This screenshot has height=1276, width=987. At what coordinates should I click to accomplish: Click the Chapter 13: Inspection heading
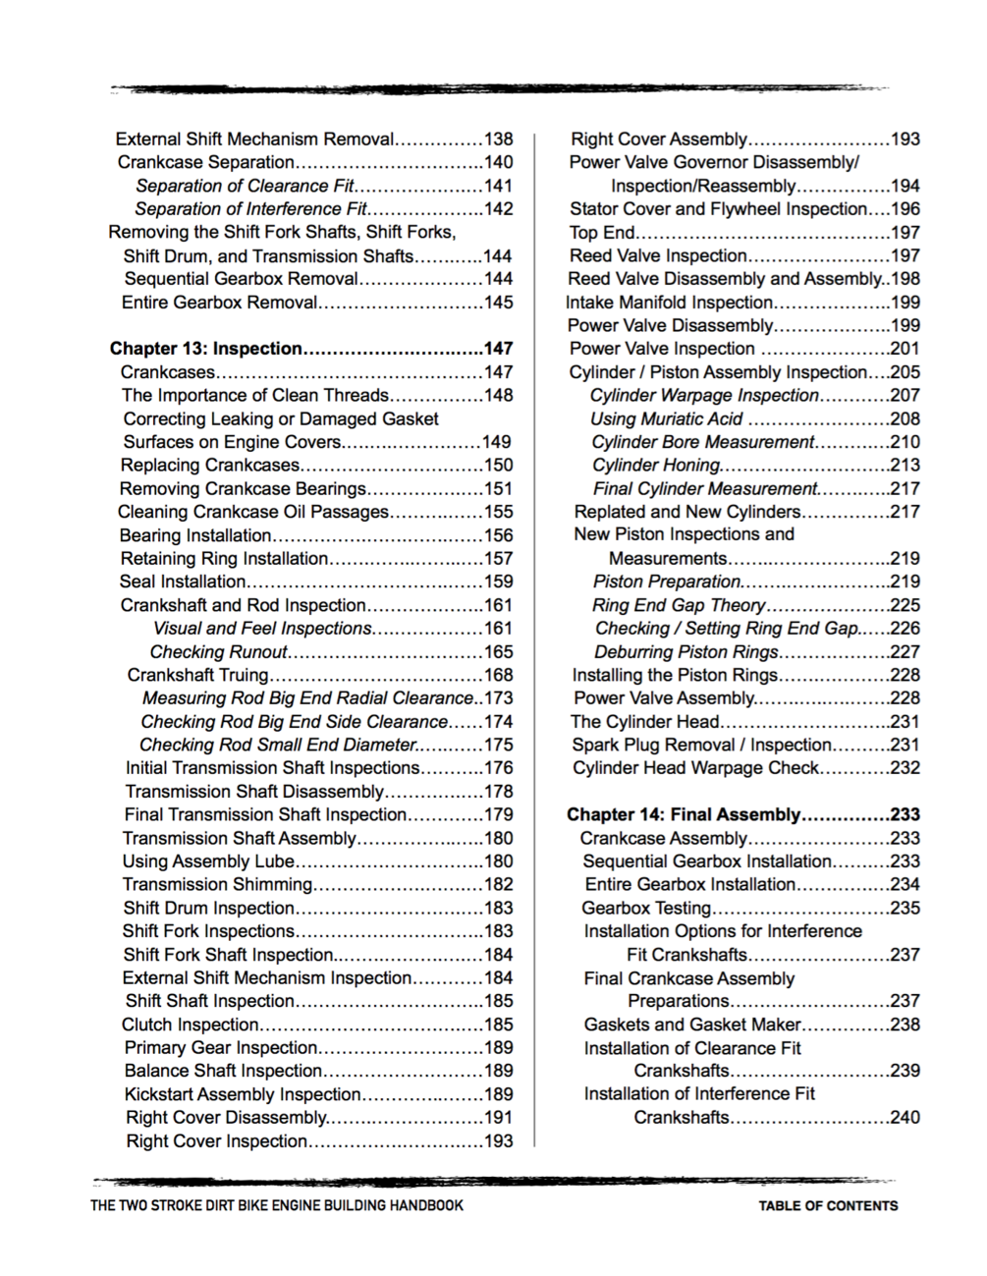click(x=206, y=349)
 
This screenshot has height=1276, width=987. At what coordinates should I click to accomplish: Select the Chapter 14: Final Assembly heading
click(x=685, y=814)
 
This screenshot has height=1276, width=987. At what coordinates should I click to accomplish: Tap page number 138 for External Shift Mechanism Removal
click(x=499, y=139)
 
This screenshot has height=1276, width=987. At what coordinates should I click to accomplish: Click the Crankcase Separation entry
click(x=205, y=162)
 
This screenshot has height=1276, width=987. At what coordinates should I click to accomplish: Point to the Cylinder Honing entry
click(x=656, y=465)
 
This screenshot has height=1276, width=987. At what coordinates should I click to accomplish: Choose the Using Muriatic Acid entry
click(x=666, y=418)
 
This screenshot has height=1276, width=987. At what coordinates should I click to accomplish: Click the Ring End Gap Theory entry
click(x=678, y=605)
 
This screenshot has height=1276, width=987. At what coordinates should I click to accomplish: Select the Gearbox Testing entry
click(x=646, y=908)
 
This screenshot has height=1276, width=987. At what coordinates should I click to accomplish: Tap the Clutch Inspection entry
click(x=190, y=1025)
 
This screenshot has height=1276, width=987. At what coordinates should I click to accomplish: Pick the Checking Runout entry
click(x=218, y=652)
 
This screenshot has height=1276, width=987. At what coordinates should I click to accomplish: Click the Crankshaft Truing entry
click(x=197, y=675)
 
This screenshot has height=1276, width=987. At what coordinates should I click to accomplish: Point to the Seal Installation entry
click(x=182, y=582)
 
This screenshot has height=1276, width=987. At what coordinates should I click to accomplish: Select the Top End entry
click(x=602, y=233)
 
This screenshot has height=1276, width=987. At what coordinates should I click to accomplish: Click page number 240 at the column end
click(x=905, y=1117)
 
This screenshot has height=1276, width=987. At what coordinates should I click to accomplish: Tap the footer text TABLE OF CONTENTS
click(x=828, y=1205)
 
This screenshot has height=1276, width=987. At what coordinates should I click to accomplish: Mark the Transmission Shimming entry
click(x=217, y=884)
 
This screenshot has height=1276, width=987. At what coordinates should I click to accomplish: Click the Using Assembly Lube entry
click(x=208, y=861)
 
